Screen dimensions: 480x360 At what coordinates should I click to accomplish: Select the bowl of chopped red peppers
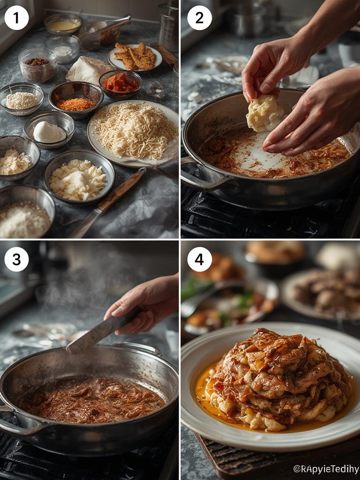tap(120, 83)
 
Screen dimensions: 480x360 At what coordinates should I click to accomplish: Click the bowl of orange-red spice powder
tap(75, 99)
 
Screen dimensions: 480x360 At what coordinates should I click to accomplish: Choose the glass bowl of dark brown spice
tap(37, 65)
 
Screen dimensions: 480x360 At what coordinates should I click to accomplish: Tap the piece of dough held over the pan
tap(264, 113)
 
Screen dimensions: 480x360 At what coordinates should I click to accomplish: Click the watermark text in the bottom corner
tap(325, 469)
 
